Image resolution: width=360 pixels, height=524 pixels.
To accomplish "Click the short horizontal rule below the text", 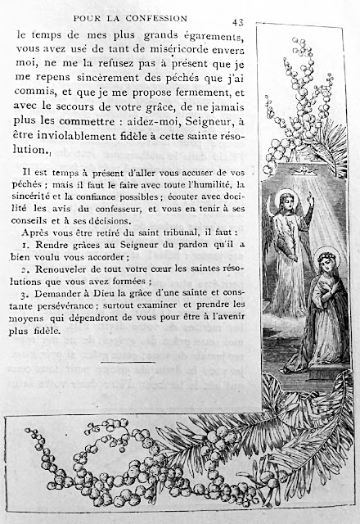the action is coord(128,362).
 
